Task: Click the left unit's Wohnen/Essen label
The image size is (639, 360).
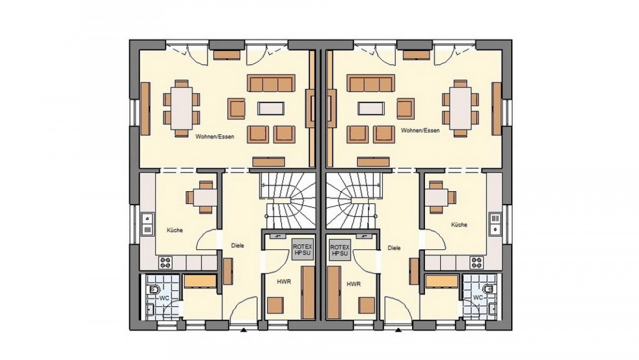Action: [215, 137]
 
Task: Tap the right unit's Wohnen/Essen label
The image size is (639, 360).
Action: [420, 130]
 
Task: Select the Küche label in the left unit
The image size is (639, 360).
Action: [175, 230]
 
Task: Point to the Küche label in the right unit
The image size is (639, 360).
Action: [459, 225]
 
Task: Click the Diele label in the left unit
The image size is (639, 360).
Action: [237, 246]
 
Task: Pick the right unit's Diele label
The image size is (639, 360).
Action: [394, 248]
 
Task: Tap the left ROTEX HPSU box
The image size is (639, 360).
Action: [302, 250]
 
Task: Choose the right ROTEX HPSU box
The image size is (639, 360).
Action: [340, 250]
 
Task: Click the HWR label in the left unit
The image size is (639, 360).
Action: [284, 282]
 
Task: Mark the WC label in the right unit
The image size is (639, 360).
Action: [478, 298]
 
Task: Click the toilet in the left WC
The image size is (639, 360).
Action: [154, 290]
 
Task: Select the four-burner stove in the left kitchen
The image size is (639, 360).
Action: [166, 263]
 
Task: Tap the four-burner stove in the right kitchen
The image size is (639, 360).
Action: [477, 263]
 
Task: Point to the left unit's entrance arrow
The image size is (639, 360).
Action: [243, 330]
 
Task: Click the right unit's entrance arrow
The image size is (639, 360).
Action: [398, 330]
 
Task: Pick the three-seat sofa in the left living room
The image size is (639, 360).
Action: [271, 83]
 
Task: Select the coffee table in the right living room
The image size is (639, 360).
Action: [371, 109]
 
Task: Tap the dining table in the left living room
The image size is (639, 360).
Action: [182, 109]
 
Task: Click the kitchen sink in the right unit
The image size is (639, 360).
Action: [496, 224]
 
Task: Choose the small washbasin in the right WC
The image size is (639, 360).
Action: [493, 308]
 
